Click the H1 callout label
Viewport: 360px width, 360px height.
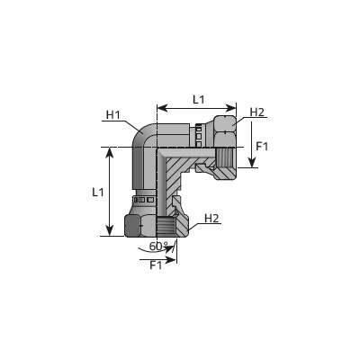coord(113,114)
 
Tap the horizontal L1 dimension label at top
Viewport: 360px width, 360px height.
coord(198,99)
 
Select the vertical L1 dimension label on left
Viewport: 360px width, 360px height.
coord(97,192)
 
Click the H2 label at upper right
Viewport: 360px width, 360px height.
coord(257,112)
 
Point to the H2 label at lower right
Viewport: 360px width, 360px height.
coord(211,219)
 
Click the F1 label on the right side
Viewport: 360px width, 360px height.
coord(262,147)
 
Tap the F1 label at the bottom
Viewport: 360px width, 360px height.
coord(156,265)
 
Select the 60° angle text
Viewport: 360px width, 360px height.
coord(158,246)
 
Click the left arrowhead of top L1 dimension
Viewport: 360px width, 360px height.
coord(162,108)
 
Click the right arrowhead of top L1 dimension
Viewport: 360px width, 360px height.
coord(231,108)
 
